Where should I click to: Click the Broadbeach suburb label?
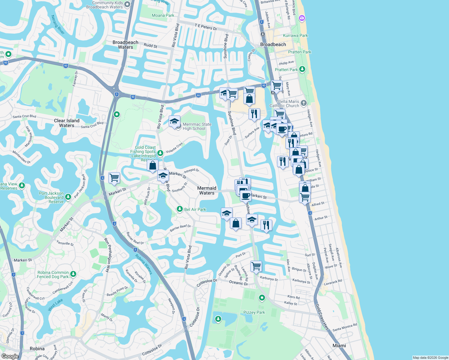click(273, 44)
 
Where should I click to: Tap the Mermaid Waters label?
click(207, 190)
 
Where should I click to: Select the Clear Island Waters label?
click(67, 123)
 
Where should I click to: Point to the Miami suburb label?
click(339, 346)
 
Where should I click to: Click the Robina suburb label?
click(37, 349)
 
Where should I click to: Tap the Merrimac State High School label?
click(197, 126)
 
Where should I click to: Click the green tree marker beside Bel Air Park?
click(179, 209)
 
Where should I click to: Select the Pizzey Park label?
click(254, 312)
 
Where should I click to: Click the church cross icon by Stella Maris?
click(303, 103)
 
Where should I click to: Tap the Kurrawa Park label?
click(295, 35)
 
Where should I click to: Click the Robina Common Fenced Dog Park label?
click(53, 274)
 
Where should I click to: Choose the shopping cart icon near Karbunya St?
click(256, 266)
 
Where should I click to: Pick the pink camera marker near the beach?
click(302, 18)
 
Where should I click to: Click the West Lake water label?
click(55, 305)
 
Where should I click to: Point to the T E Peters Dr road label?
click(206, 27)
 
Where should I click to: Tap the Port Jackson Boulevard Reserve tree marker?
click(68, 197)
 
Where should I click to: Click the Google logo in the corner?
click(10, 356)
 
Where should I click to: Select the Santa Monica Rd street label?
click(345, 327)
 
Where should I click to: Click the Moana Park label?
click(163, 15)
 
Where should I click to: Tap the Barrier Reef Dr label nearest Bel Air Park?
click(180, 228)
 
